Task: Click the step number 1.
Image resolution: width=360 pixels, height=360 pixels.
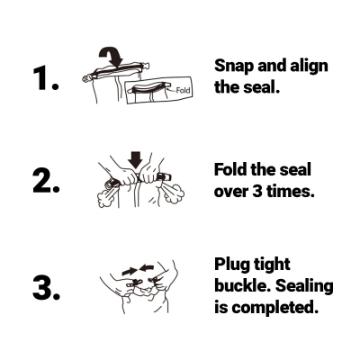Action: pos(46,78)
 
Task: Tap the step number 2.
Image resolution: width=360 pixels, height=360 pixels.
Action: pos(47,181)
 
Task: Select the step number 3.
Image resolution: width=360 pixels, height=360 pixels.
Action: pos(47,288)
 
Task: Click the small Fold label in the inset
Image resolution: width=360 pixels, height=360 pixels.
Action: pos(183,90)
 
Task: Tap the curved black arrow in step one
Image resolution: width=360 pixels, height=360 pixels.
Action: pos(112,57)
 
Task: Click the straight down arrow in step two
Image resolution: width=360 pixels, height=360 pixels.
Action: pos(136,159)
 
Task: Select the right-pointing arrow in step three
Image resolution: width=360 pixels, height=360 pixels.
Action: pos(130,272)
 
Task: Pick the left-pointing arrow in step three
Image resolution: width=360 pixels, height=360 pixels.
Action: pos(147,268)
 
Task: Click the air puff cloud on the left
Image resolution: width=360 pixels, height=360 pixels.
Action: pos(105,196)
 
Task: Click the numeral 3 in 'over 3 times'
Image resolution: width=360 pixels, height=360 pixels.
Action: pos(257,191)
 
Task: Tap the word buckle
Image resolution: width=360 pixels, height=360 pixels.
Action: pos(242,285)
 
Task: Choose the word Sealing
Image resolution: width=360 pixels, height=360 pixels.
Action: pos(304,286)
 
